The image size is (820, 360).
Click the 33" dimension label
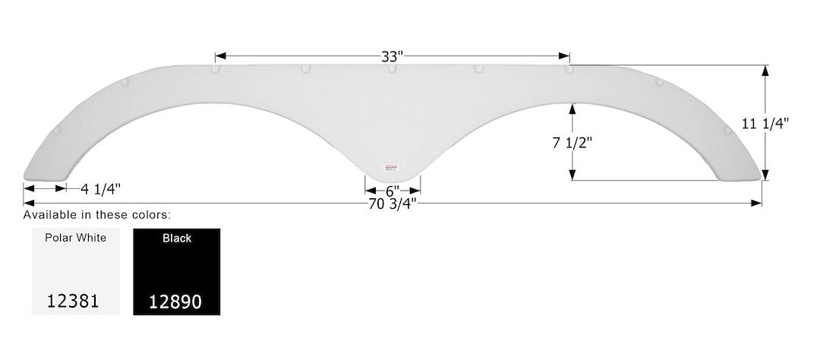393,56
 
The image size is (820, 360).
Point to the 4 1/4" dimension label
96,188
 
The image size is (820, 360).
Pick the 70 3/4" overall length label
393,204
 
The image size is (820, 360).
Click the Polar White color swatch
76,272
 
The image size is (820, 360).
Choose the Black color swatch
176,272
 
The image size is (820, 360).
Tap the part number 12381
72,301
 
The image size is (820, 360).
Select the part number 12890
176,302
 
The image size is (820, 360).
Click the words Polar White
76,238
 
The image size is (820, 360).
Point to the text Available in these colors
96,215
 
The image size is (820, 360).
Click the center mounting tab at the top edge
392,69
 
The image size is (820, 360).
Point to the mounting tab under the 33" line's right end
569,69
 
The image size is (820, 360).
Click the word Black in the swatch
176,238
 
